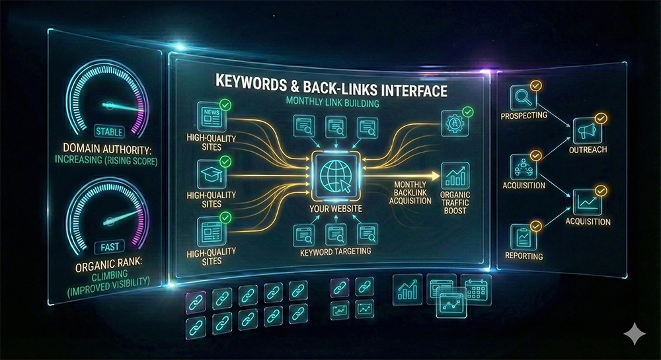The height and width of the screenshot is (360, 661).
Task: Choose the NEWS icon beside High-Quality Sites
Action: coord(211,117)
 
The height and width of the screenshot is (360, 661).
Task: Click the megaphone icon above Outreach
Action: coord(586,129)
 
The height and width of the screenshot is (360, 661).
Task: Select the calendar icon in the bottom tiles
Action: coord(475,288)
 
